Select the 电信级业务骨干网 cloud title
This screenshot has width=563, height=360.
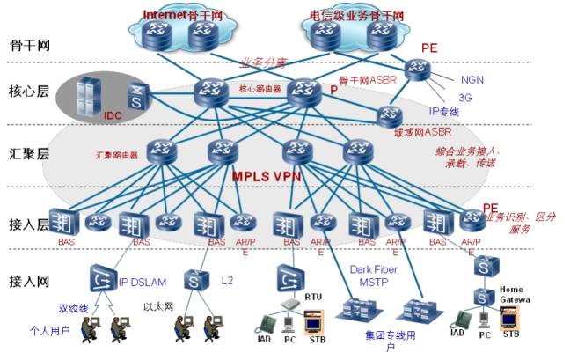356,16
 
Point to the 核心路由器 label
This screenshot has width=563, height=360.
260,89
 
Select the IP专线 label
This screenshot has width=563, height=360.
444,112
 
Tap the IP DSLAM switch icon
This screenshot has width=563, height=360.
102,280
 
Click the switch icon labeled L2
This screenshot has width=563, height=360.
194,281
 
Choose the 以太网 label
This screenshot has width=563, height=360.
157,308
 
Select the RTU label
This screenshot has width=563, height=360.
314,298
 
